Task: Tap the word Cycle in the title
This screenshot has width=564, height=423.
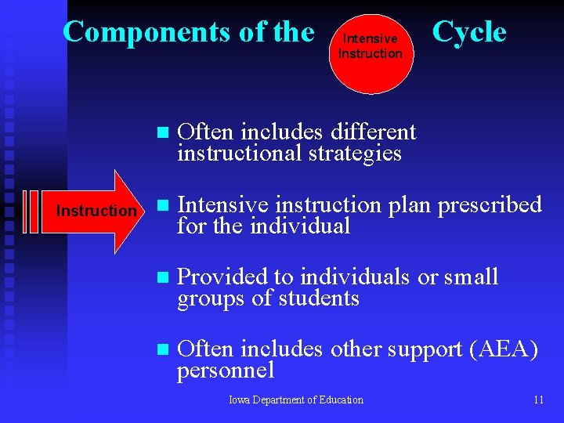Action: [x=469, y=32]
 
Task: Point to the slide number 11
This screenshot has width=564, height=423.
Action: [x=538, y=399]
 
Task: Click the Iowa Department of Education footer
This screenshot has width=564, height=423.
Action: [x=296, y=399]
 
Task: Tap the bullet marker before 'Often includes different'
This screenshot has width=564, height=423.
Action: [x=162, y=132]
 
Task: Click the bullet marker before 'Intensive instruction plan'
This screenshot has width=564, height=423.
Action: [x=162, y=206]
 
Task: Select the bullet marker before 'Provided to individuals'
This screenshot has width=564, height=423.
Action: [x=162, y=278]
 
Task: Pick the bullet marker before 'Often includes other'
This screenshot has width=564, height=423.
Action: [x=162, y=350]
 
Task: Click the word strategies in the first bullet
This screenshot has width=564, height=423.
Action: [x=356, y=153]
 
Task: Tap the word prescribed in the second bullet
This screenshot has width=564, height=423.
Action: [x=489, y=205]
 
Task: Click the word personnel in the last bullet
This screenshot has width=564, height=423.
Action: [x=226, y=371]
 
